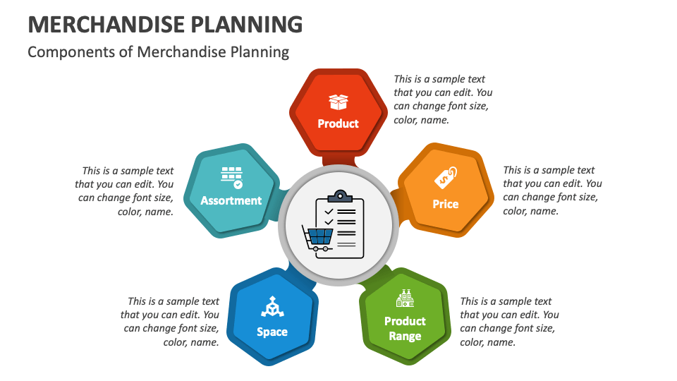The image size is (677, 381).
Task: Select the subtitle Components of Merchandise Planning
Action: pos(158,52)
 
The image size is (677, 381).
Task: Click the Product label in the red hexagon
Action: pos(338,123)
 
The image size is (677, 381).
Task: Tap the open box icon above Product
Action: pos(338,102)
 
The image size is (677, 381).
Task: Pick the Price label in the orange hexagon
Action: pos(445,204)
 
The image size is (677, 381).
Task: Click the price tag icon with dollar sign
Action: pos(445,179)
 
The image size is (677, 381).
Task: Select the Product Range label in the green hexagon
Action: pos(405,329)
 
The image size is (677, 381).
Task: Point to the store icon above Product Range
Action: pos(405,299)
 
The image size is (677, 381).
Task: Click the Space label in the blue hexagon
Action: pos(272,332)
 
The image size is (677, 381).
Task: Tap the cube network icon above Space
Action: pos(272,306)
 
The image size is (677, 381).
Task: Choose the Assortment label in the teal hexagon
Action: pos(231,200)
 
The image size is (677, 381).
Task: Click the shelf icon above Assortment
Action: pos(231,177)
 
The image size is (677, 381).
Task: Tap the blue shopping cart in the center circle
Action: pos(318,236)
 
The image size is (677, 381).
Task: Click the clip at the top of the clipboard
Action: pos(340,195)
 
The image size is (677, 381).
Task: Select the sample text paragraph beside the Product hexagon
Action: pos(442,99)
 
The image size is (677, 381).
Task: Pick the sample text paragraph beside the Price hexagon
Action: pos(551,190)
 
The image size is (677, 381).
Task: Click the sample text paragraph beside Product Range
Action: pos(509,322)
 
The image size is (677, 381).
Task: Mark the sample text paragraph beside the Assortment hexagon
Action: pos(125,191)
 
